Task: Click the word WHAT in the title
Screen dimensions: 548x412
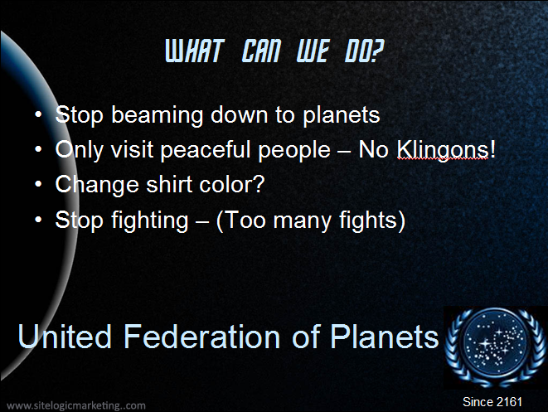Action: [x=194, y=51]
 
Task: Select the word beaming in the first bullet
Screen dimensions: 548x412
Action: [x=158, y=116]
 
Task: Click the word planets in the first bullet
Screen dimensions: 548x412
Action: [x=341, y=116]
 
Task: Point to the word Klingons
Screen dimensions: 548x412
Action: [x=443, y=150]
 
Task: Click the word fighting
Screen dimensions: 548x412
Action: [x=150, y=221]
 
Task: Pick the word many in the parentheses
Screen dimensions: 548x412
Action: [x=302, y=221]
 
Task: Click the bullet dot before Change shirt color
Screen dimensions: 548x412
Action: [x=38, y=184]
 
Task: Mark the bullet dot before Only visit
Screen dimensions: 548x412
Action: [x=38, y=149]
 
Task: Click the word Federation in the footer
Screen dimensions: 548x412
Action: [x=202, y=337]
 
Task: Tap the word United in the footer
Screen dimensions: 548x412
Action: [x=65, y=337]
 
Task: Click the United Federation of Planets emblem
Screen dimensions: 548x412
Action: [x=495, y=347]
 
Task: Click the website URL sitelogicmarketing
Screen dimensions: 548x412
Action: [x=76, y=405]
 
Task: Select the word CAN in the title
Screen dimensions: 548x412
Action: [x=261, y=51]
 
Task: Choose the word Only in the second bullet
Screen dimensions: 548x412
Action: [x=80, y=150]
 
